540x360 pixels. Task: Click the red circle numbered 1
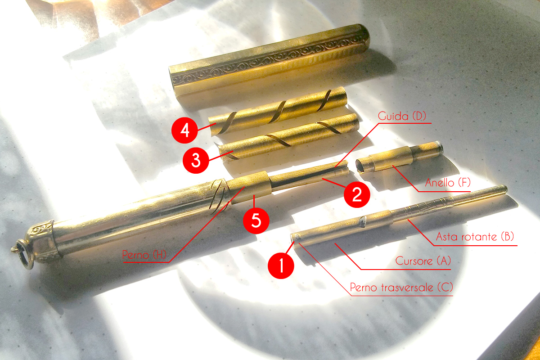tap(281, 265)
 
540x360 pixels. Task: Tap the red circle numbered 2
tap(357, 194)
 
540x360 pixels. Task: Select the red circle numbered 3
tap(196, 160)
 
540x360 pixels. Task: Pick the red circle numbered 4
tap(184, 130)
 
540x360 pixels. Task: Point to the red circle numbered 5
tap(256, 220)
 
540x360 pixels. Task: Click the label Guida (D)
tap(402, 116)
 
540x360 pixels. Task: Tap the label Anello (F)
tap(448, 183)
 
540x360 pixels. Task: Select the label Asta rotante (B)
tap(475, 237)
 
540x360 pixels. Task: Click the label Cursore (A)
tap(423, 261)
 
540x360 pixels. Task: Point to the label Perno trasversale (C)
tap(401, 288)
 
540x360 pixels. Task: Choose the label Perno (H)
tap(144, 255)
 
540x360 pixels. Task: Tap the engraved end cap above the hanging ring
tap(45, 241)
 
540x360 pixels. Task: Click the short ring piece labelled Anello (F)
tap(399, 157)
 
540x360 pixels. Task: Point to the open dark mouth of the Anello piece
tap(360, 166)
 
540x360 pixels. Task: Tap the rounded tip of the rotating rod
tap(504, 189)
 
